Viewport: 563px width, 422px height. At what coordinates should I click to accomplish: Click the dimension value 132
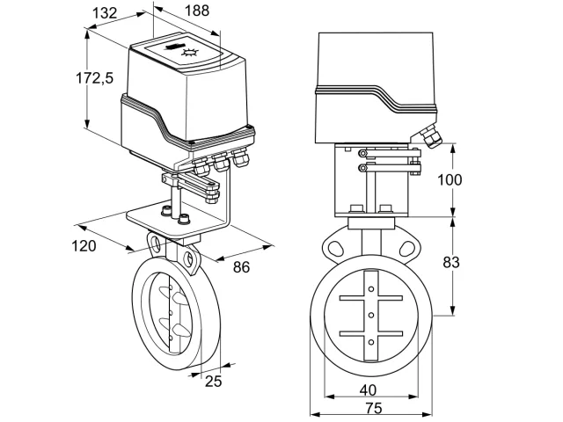pyautogui.click(x=105, y=13)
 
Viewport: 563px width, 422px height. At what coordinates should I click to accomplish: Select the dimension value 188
pyautogui.click(x=197, y=11)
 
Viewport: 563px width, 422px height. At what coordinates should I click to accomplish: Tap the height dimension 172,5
pyautogui.click(x=94, y=78)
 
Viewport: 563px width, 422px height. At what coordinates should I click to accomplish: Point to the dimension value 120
pyautogui.click(x=84, y=246)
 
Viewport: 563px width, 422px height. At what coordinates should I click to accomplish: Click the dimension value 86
pyautogui.click(x=241, y=267)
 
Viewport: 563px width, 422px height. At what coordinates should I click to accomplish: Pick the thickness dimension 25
pyautogui.click(x=213, y=381)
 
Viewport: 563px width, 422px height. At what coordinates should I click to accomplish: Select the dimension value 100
pyautogui.click(x=450, y=179)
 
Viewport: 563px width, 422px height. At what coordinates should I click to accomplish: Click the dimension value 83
pyautogui.click(x=451, y=263)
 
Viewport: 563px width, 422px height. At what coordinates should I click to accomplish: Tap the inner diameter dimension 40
pyautogui.click(x=368, y=390)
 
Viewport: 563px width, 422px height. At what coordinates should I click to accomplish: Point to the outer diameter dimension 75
pyautogui.click(x=374, y=408)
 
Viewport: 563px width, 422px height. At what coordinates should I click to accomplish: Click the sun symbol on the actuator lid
pyautogui.click(x=190, y=53)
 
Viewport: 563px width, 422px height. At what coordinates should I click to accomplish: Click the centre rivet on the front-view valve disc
pyautogui.click(x=371, y=315)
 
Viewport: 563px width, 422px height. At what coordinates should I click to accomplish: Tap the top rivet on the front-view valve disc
pyautogui.click(x=371, y=289)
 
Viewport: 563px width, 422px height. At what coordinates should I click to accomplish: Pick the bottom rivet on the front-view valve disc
pyautogui.click(x=371, y=342)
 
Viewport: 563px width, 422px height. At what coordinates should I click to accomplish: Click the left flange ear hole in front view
pyautogui.click(x=336, y=248)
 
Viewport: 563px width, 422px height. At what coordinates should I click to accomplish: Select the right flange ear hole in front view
pyautogui.click(x=406, y=248)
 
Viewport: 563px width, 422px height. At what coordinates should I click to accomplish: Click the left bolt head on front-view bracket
pyautogui.click(x=356, y=208)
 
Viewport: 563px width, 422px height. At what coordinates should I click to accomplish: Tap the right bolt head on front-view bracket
pyautogui.click(x=386, y=208)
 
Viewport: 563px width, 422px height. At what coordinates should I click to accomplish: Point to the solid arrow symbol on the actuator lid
pyautogui.click(x=174, y=47)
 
